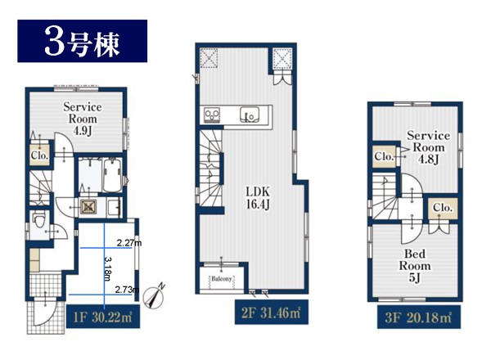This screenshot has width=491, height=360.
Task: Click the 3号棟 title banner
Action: point(83,41)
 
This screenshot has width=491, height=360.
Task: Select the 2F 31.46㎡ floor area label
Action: point(272,312)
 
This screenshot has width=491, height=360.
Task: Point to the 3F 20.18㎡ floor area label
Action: point(419,317)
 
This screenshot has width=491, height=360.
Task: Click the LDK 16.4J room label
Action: point(258,197)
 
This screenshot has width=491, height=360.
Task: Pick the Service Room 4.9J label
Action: point(83,119)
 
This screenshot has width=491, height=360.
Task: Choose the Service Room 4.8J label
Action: point(428,147)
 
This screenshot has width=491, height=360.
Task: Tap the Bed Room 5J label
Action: point(415,265)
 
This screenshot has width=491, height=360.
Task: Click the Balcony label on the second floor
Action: point(222,278)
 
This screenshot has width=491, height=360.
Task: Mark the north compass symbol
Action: point(154,296)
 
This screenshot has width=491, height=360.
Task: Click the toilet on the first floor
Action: point(39,219)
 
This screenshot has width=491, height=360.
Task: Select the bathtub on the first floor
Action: point(112,175)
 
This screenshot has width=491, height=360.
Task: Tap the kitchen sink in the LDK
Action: point(250,115)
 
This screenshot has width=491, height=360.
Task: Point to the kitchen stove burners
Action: point(212,115)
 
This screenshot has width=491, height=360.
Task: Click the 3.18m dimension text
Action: point(107,269)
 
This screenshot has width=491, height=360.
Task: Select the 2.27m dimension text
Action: point(129,243)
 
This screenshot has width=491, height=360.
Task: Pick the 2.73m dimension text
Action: point(127,290)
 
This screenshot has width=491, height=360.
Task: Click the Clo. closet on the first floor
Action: point(40,155)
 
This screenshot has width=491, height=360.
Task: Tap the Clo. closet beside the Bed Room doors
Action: point(443,208)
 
